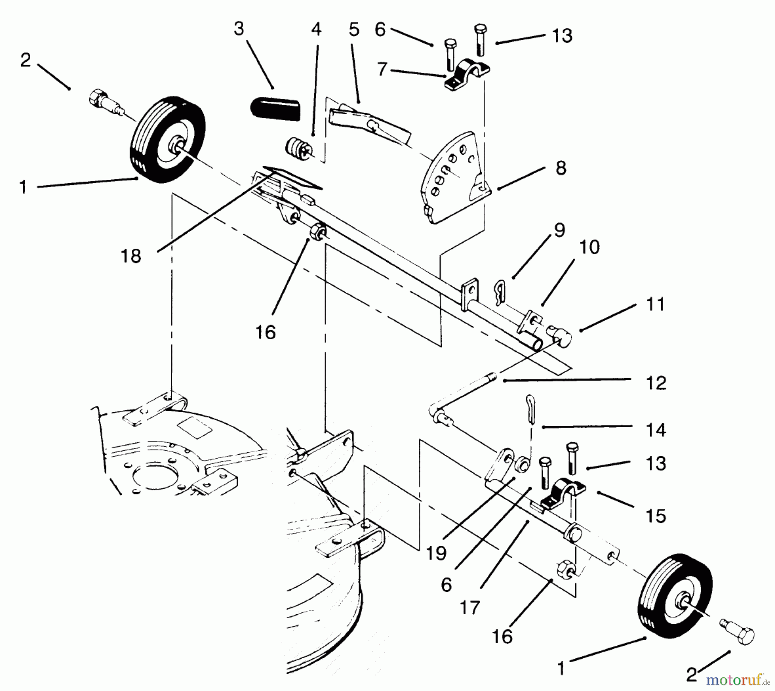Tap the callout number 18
pos(131,256)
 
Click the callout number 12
pos(656,383)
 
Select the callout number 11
pos(655,305)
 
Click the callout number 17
pos(469,608)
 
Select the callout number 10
pos(589,247)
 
